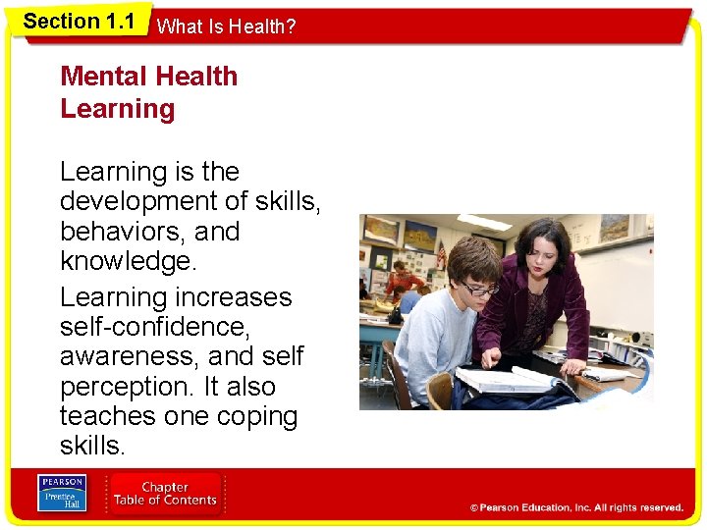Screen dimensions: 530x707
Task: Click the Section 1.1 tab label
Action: [x=79, y=22]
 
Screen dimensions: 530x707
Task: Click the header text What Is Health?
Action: [x=226, y=27]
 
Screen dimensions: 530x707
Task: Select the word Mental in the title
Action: [x=105, y=77]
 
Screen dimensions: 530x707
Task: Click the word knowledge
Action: [x=126, y=262]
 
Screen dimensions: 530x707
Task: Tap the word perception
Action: [x=125, y=387]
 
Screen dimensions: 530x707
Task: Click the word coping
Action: [x=253, y=416]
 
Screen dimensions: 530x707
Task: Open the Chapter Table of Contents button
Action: [x=165, y=494]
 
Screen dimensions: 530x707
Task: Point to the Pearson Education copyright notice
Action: [x=576, y=507]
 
